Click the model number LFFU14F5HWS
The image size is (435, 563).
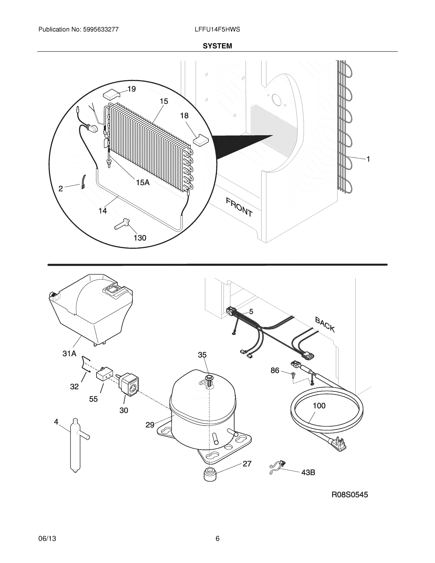[x=217, y=29]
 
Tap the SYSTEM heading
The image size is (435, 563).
[x=217, y=46]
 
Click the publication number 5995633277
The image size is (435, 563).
[x=101, y=29]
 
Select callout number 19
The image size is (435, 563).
[x=132, y=89]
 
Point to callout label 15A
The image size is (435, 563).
[x=143, y=183]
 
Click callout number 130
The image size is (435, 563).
[x=140, y=238]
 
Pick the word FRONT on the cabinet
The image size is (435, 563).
[x=239, y=207]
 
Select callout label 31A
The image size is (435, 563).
[x=70, y=354]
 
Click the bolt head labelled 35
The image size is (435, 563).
[x=208, y=378]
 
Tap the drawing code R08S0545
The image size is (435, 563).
[x=349, y=495]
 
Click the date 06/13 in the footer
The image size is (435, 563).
[x=47, y=539]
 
